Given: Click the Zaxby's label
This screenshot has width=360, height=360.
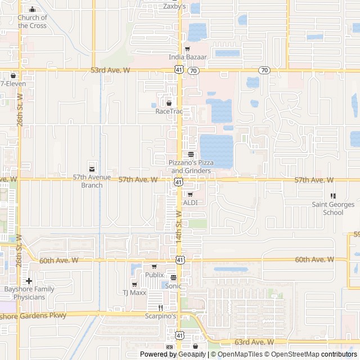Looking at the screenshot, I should point(174,7).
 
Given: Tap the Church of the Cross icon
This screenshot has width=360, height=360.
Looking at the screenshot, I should point(32,10).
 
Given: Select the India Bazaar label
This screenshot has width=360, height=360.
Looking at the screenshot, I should point(188,57).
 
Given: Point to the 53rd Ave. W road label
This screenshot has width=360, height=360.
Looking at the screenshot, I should point(110,70).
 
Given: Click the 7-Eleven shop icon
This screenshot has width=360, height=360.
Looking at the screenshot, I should point(12,75).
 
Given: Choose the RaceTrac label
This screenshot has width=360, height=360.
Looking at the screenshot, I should point(169,111).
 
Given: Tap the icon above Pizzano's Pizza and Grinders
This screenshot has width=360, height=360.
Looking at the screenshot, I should point(191,154).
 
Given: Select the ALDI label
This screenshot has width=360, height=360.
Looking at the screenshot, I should point(190,202).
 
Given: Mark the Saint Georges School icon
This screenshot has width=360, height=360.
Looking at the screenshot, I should point(333,196).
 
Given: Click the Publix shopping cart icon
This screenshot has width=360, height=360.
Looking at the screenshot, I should point(154,267).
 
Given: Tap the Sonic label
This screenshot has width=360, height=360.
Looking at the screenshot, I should point(173,286).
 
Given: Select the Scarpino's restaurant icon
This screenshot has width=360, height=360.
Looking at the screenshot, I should point(160,308).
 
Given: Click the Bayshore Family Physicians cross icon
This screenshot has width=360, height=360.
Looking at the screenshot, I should point(29,281).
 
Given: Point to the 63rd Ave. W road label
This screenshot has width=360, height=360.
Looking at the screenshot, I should point(255,342).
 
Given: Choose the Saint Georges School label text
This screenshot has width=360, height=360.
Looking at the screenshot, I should point(333,209).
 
